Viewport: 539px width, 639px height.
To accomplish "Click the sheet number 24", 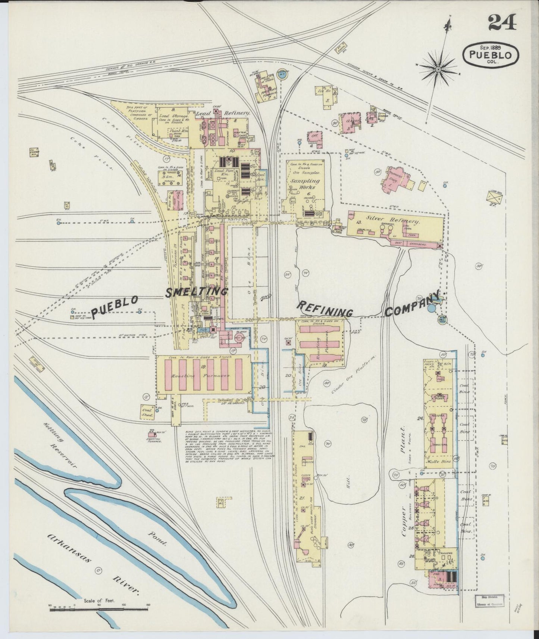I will [502, 23].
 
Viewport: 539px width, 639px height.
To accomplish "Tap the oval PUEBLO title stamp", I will [491, 54].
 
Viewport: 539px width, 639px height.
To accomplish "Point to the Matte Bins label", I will [438, 461].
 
